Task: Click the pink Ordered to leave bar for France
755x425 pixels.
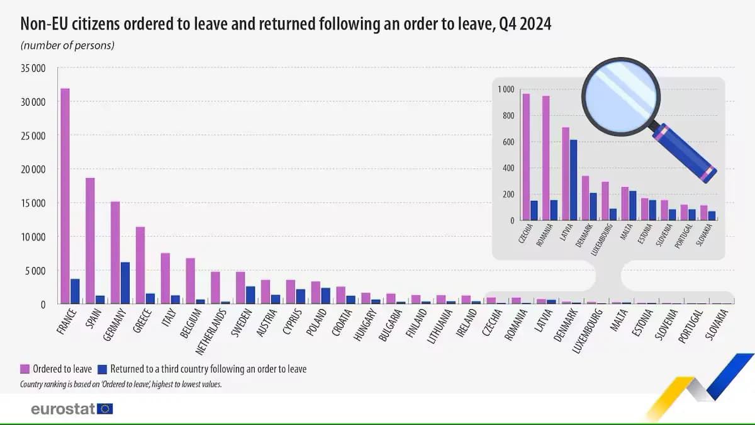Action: (x=65, y=196)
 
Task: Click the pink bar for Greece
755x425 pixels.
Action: (x=140, y=265)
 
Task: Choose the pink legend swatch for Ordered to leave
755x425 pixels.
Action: (x=25, y=369)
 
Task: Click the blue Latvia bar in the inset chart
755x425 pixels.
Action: (x=573, y=180)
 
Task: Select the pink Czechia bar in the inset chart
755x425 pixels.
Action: (x=526, y=157)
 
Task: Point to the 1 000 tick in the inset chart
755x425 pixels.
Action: (x=506, y=89)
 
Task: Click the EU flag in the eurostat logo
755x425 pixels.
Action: (x=105, y=409)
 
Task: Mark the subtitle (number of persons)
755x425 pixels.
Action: (x=67, y=45)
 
